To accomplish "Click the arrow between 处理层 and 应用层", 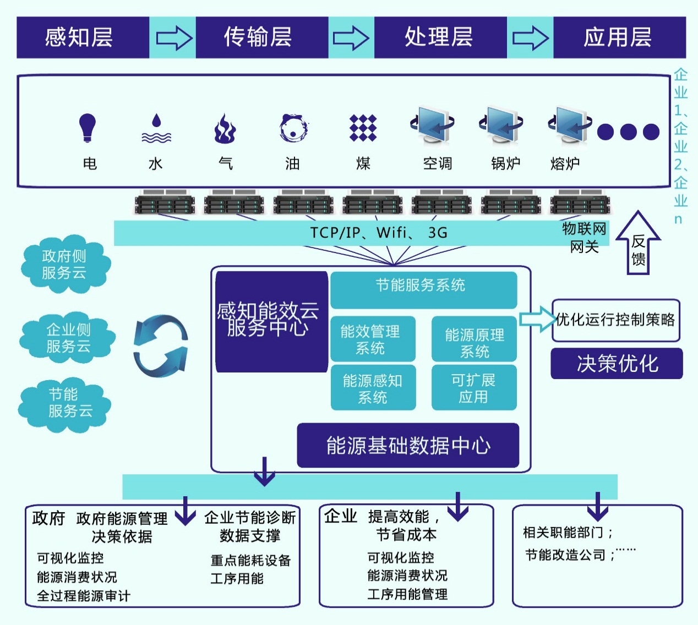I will (530, 38).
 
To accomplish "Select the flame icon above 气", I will (225, 129).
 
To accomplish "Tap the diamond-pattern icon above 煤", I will (363, 128).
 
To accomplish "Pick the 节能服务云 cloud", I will (65, 403).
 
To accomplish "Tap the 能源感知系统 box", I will (373, 388).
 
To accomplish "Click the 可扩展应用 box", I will (474, 388).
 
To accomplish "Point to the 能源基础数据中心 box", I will (408, 446).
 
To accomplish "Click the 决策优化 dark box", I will (617, 364).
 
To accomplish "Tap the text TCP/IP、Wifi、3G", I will (379, 233).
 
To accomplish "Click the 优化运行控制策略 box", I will (615, 320).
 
